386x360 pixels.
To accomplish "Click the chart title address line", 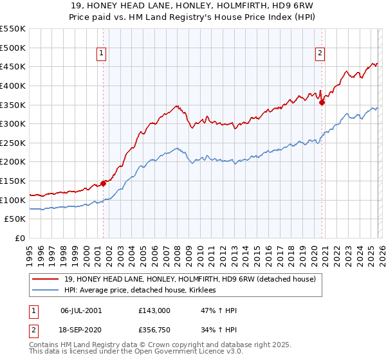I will pos(192,5).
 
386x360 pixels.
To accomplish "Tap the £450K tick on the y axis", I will pos(12,66).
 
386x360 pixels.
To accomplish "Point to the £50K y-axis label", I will pos(14,219).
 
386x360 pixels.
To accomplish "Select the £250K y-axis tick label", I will pos(12,143).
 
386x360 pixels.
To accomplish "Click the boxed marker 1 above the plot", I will pos(102,54).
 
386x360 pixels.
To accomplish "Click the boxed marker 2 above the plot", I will pos(320,54).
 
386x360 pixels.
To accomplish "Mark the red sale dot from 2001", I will pos(103,183).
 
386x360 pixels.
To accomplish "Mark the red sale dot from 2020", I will pos(322,102).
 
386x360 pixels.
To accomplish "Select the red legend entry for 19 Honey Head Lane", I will pos(190,280).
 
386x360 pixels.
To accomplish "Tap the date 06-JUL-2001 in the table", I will pos(81,310).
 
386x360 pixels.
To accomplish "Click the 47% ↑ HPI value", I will pos(219,310).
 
